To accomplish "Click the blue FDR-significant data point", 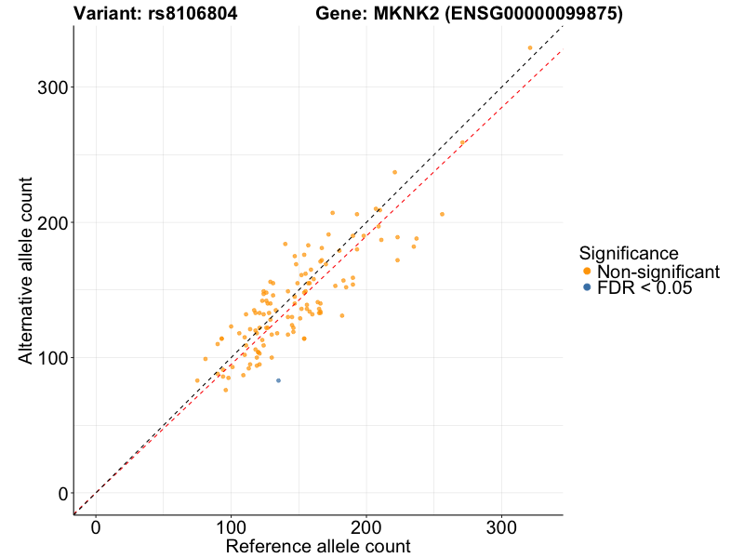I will tap(278, 380).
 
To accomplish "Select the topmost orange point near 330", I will tap(530, 47).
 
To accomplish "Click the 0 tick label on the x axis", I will tap(96, 526).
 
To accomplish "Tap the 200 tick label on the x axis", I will tap(366, 526).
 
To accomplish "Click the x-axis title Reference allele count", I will tap(318, 546).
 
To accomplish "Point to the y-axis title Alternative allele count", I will tap(26, 270).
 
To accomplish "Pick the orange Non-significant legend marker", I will tap(586, 272).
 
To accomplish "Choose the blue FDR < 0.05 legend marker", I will tap(586, 288).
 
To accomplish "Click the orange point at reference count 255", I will tap(442, 214).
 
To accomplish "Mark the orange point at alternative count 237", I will tap(394, 172).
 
